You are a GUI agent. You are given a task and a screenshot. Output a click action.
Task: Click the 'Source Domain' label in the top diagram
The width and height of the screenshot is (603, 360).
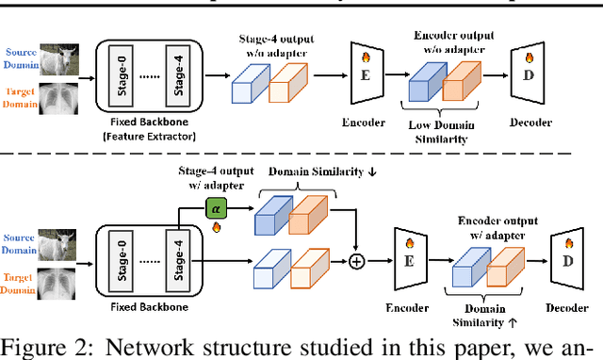(22, 57)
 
